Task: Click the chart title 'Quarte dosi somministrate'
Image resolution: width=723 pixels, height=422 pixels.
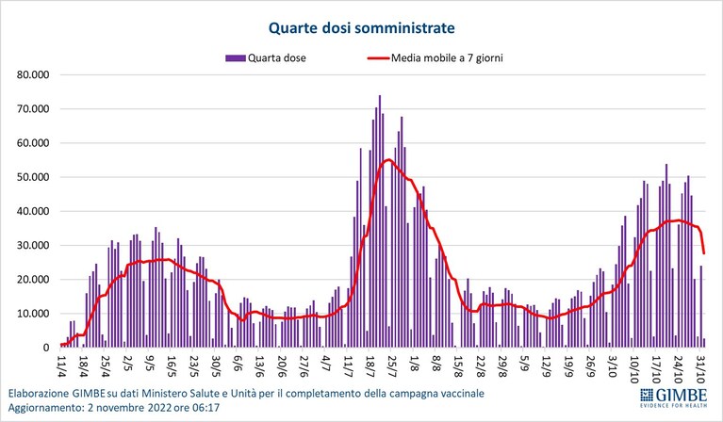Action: click(362, 27)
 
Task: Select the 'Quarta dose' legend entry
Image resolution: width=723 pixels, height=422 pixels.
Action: click(266, 58)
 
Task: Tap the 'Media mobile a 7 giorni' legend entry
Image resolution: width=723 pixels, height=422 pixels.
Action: click(435, 58)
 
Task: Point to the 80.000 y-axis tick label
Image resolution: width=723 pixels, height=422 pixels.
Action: click(33, 74)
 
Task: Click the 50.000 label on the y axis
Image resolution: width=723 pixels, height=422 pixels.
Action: click(33, 177)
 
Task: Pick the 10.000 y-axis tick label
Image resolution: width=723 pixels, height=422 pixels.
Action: click(33, 314)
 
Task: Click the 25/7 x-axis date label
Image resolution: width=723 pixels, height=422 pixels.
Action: click(390, 365)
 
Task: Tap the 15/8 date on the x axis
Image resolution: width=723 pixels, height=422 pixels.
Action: click(456, 365)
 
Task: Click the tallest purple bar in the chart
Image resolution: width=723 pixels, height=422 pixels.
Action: click(380, 221)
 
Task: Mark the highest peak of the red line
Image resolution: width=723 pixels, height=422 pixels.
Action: click(388, 160)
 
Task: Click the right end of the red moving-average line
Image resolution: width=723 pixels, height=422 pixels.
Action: click(704, 253)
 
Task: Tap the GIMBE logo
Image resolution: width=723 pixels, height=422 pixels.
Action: click(673, 398)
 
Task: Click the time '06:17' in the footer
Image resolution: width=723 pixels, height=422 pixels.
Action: click(207, 408)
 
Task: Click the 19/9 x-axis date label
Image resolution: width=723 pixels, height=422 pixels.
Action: click(568, 365)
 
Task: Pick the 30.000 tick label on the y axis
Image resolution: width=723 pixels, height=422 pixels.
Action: click(33, 246)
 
